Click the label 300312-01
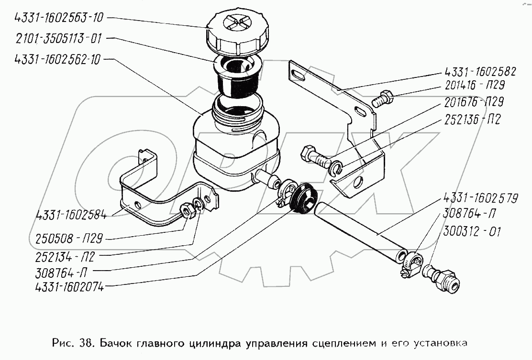coord(472,233)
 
